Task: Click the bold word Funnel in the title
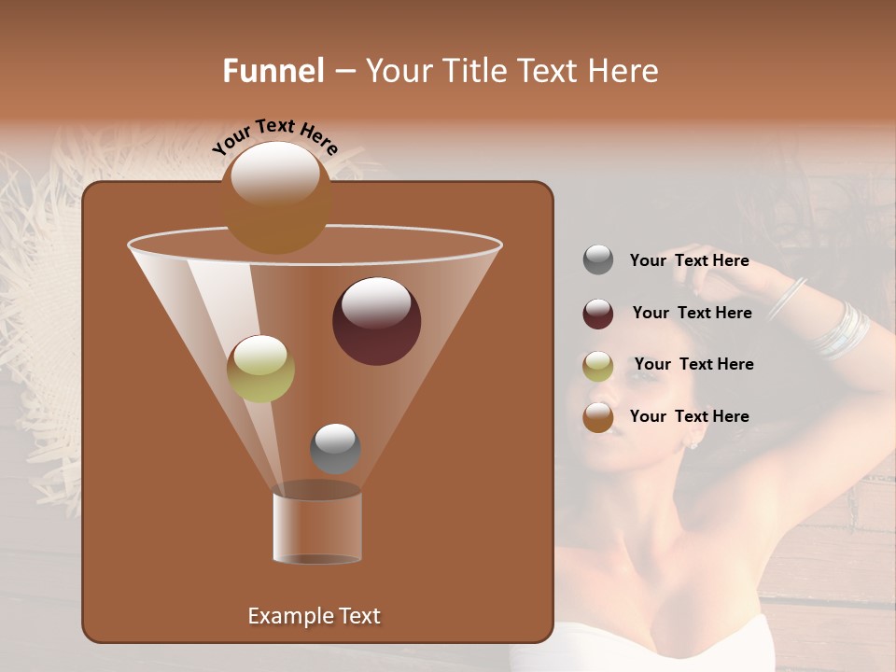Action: pyautogui.click(x=273, y=71)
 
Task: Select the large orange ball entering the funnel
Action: pyautogui.click(x=276, y=197)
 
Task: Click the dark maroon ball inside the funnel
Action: pyautogui.click(x=376, y=320)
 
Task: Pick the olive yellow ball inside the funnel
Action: pyautogui.click(x=260, y=369)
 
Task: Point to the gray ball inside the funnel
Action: pyautogui.click(x=335, y=448)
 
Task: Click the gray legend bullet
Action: pyautogui.click(x=598, y=260)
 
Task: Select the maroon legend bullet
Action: pyautogui.click(x=598, y=314)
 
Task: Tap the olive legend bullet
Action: pyautogui.click(x=598, y=365)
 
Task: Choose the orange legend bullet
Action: pyautogui.click(x=598, y=417)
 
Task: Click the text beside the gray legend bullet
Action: pyautogui.click(x=689, y=260)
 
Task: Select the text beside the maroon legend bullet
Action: pyautogui.click(x=692, y=313)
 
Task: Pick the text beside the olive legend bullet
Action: pyautogui.click(x=693, y=364)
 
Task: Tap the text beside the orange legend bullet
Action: pyautogui.click(x=689, y=416)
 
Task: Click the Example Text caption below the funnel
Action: pyautogui.click(x=314, y=616)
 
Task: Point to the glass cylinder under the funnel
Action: pyautogui.click(x=317, y=527)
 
